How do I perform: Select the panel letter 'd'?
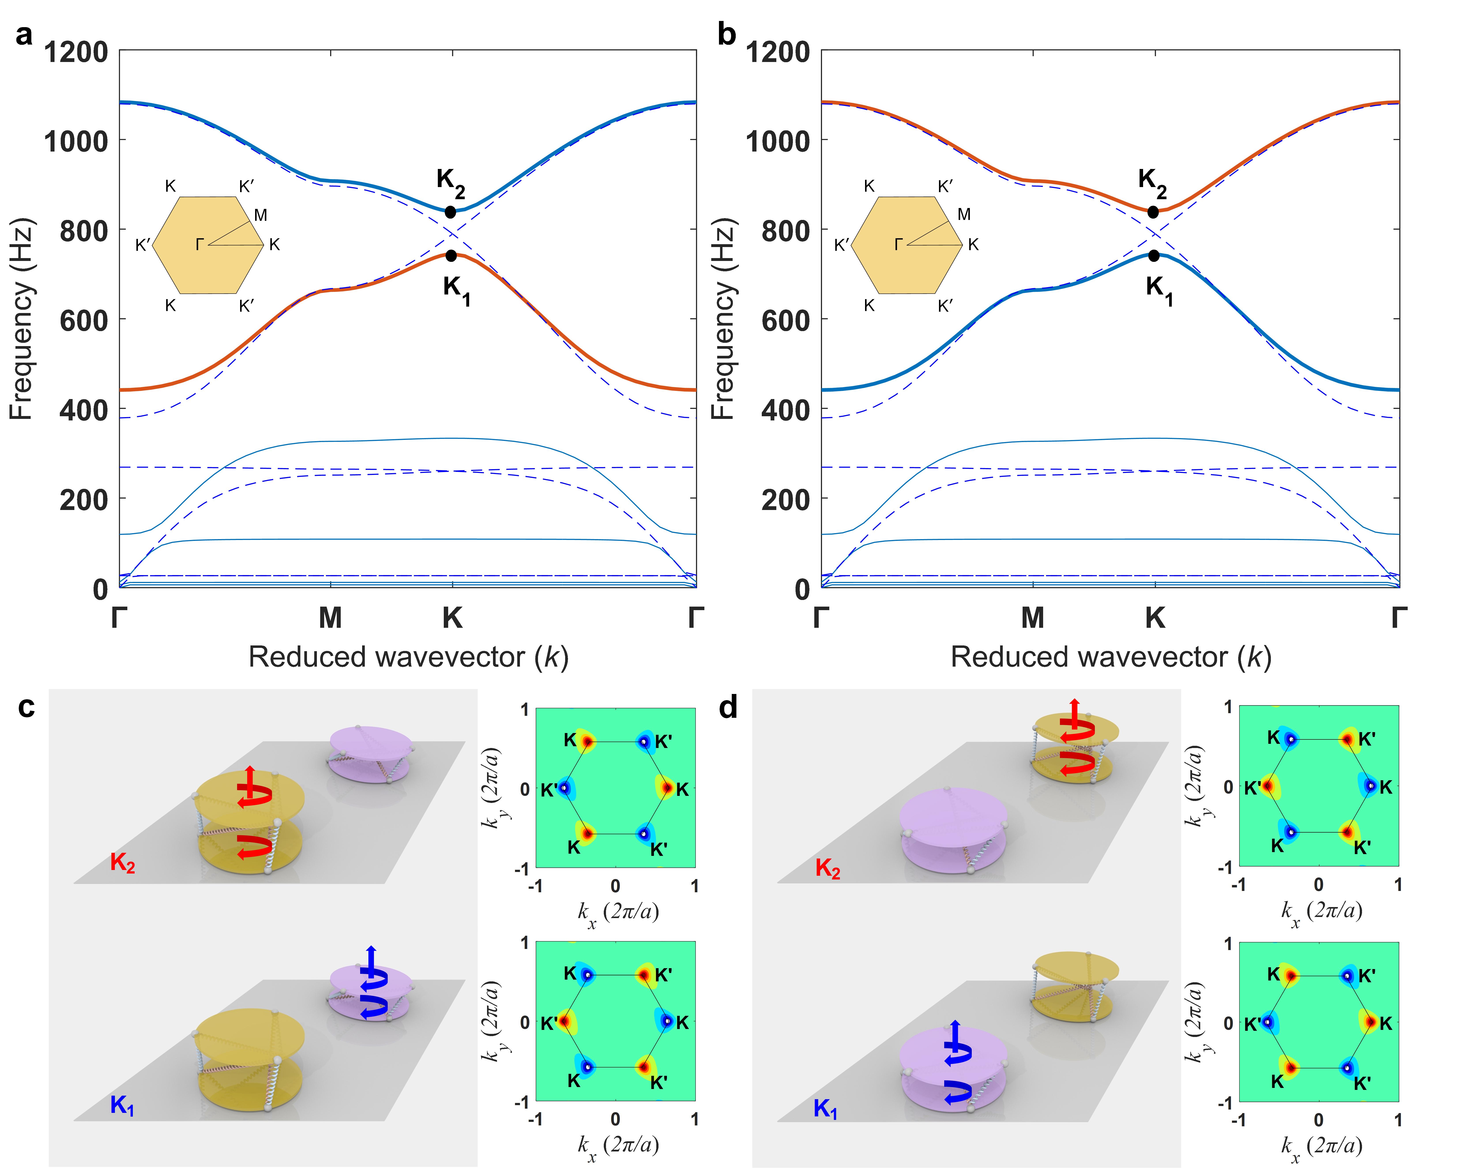click(x=728, y=708)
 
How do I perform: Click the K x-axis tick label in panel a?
click(x=452, y=618)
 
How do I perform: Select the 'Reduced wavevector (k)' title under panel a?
click(x=408, y=657)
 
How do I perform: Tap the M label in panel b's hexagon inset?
click(x=964, y=214)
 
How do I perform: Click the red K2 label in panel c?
click(x=122, y=863)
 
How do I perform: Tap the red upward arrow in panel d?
click(x=1075, y=710)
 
